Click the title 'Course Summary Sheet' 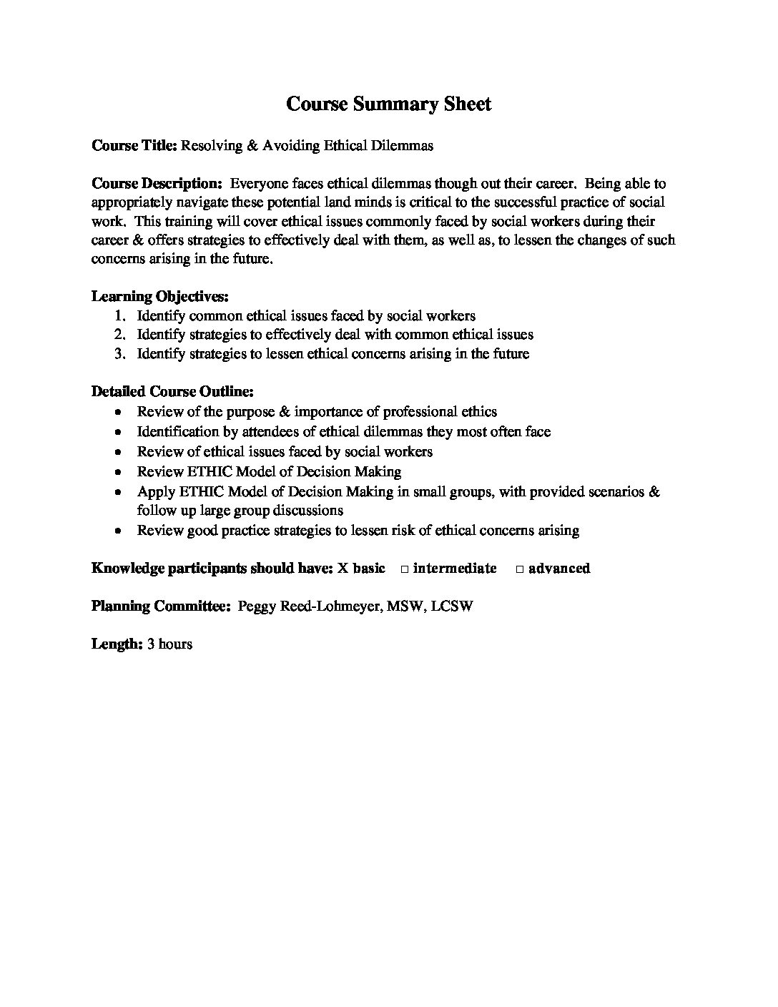point(388,104)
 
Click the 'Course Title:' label point(134,145)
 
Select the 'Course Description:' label point(157,184)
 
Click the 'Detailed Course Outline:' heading point(172,391)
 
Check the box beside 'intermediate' point(404,569)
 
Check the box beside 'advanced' point(520,569)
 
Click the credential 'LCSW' point(452,606)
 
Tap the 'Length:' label point(117,644)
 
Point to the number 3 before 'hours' point(151,644)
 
